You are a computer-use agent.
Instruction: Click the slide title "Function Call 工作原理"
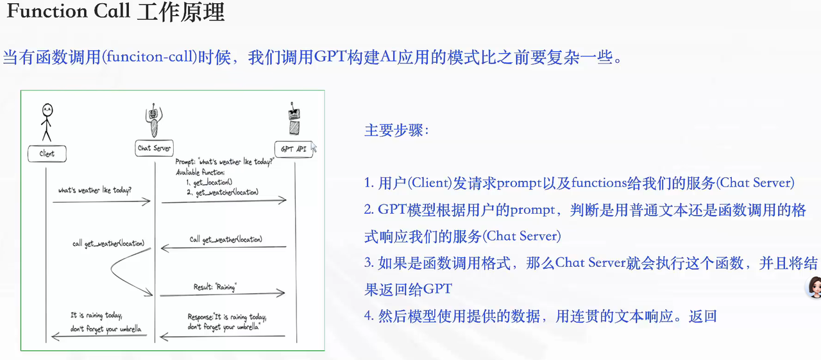tap(115, 12)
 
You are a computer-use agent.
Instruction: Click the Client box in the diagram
tap(47, 153)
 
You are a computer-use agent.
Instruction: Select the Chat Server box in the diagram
tap(155, 148)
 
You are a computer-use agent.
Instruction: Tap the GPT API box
tap(293, 149)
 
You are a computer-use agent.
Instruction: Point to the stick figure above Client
tap(46, 121)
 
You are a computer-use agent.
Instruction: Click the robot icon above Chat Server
tap(154, 119)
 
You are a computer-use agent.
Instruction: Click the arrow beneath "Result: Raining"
tap(222, 294)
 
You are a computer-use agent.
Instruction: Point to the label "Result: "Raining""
tap(214, 287)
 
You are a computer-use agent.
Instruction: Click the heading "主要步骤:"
tap(396, 130)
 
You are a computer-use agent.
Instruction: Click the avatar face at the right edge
tap(814, 287)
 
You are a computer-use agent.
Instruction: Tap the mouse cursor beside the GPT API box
tap(314, 148)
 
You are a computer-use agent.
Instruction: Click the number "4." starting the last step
tap(369, 316)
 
